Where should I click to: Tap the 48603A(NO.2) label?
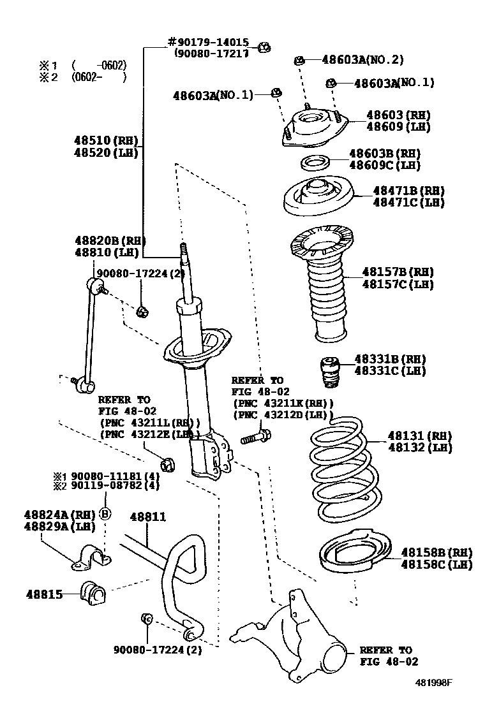click(x=362, y=60)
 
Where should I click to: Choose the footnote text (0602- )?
click(x=99, y=77)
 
